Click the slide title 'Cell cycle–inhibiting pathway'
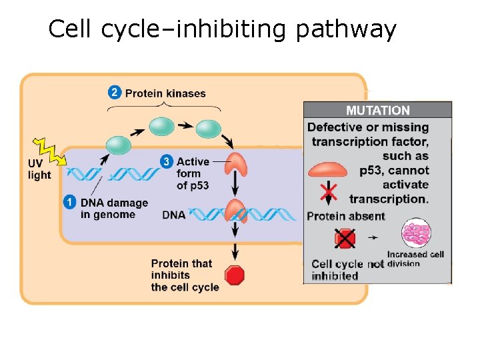tap(222, 29)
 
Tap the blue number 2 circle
tap(115, 93)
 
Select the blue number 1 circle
tap(70, 202)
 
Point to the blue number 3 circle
tap(166, 161)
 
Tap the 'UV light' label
tap(39, 169)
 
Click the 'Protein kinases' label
tap(165, 93)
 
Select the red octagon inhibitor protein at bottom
tap(235, 275)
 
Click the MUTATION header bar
tap(377, 111)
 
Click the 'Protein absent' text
tap(346, 216)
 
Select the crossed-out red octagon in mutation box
tap(345, 239)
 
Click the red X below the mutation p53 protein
tap(328, 193)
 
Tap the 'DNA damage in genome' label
tap(114, 209)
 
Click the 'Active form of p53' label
tap(193, 173)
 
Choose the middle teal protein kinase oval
tap(162, 125)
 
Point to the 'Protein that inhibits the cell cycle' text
tap(184, 275)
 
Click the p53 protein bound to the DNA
tap(235, 209)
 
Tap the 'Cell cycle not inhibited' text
tap(347, 270)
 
